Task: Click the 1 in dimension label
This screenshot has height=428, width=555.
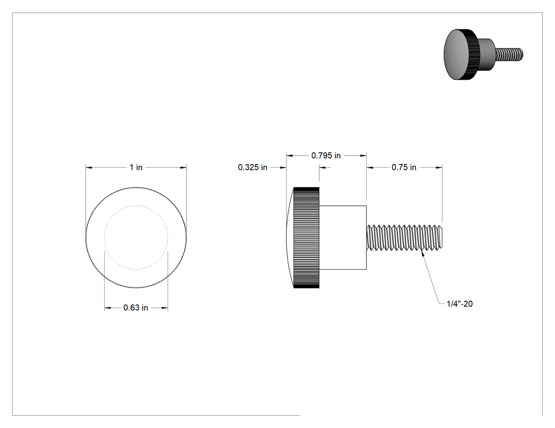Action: click(x=136, y=167)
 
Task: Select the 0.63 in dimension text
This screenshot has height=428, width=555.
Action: click(x=135, y=308)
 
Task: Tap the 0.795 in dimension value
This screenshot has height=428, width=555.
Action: click(x=326, y=156)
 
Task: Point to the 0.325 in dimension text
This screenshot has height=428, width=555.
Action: click(x=252, y=167)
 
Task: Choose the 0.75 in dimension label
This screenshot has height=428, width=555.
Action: click(x=404, y=167)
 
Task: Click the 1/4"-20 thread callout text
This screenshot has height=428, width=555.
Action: click(x=459, y=303)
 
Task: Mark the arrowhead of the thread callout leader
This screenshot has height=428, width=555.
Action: click(x=423, y=252)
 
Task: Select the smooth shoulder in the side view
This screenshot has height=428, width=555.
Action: click(x=343, y=237)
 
